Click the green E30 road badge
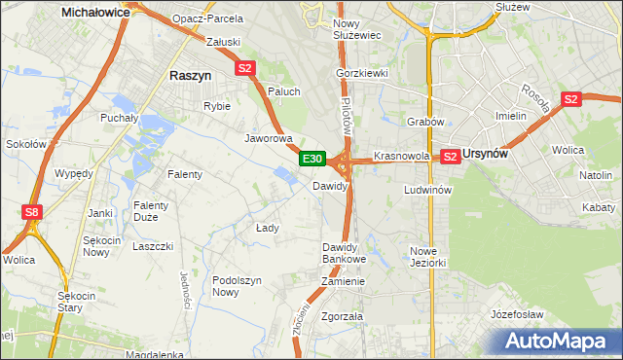(x=311, y=158)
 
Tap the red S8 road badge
(x=33, y=211)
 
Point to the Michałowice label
(x=96, y=13)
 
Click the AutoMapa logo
(x=555, y=342)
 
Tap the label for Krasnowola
(x=402, y=156)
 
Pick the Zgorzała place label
(x=342, y=316)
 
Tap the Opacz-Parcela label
(x=206, y=18)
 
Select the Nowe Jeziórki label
(x=427, y=257)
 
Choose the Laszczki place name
(x=153, y=246)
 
